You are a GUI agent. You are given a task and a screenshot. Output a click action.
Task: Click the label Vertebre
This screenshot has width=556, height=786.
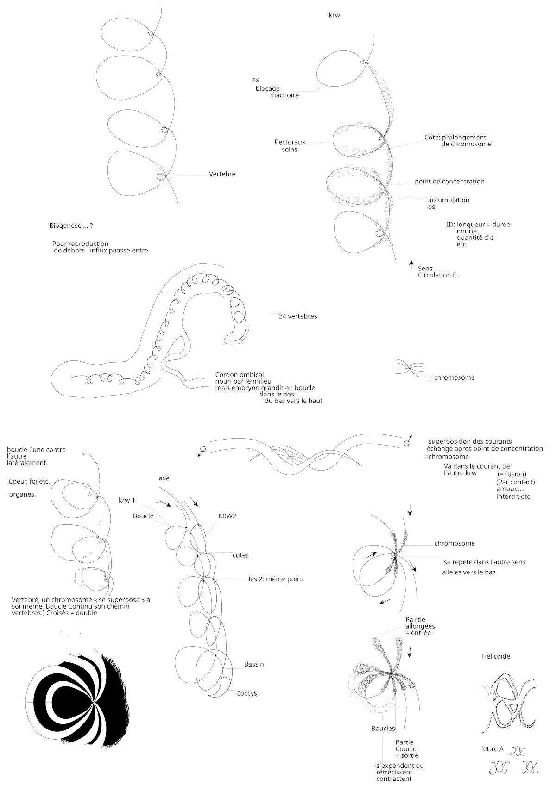coord(222,174)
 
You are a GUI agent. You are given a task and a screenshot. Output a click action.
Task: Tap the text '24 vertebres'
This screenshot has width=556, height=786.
coord(297,316)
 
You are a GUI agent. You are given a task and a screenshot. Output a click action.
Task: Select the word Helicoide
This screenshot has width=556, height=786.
coord(496,656)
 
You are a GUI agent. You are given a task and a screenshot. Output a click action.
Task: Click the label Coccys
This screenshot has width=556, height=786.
coord(246,693)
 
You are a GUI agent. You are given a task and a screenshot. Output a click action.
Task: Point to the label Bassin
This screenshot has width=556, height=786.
coord(254,664)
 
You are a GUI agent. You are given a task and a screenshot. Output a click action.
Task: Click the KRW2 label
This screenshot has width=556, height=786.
coord(227,516)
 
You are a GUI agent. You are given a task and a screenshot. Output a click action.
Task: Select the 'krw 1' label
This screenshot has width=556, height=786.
coord(126,500)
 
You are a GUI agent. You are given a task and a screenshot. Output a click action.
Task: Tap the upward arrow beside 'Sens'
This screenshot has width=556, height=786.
coord(411,266)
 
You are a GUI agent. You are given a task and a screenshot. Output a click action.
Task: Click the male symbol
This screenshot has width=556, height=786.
coord(407,441)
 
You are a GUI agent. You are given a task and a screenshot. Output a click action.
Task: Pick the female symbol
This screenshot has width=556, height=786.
coord(202,450)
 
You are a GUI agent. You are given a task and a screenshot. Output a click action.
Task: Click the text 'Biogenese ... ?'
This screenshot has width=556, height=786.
coord(71,226)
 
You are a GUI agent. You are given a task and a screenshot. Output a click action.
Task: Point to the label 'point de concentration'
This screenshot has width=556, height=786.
coord(449,182)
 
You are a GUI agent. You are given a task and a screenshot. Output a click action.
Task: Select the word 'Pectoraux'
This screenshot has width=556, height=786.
coord(290,142)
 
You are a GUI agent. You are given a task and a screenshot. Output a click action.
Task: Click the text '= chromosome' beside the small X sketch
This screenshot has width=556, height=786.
coord(451,377)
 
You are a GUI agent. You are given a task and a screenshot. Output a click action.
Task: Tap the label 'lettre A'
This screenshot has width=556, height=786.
coord(492,749)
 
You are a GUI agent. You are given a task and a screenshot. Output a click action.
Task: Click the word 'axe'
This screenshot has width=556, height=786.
coord(164,478)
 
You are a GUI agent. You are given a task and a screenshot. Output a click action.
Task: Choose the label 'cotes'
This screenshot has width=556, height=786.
coord(240,555)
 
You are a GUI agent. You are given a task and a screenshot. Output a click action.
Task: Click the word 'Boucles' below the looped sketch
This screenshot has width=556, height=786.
coord(383,728)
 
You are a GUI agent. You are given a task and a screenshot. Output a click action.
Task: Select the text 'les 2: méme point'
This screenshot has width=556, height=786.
coord(276,579)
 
